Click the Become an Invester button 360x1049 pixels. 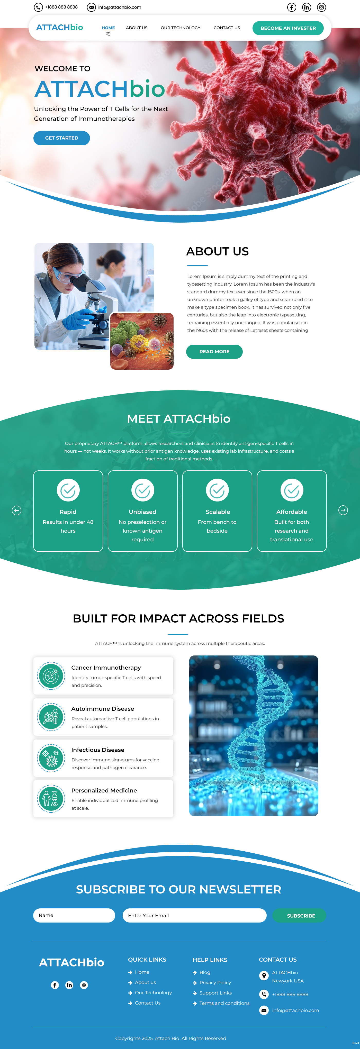[x=288, y=28]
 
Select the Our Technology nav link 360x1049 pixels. [x=181, y=28]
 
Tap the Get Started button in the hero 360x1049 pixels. [x=61, y=138]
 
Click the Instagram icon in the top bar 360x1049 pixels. [x=321, y=7]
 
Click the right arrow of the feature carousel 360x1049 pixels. [x=343, y=510]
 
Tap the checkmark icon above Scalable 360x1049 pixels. [x=217, y=490]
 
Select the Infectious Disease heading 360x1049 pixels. [x=98, y=750]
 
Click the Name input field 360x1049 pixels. [x=74, y=915]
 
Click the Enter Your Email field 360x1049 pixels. [x=194, y=915]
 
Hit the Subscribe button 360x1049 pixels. [x=301, y=915]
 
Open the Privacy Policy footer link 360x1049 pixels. [x=215, y=983]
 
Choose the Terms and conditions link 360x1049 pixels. [x=224, y=1003]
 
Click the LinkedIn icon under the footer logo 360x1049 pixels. [x=69, y=985]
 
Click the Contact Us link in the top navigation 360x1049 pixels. [x=227, y=28]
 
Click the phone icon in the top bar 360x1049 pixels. [x=38, y=7]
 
